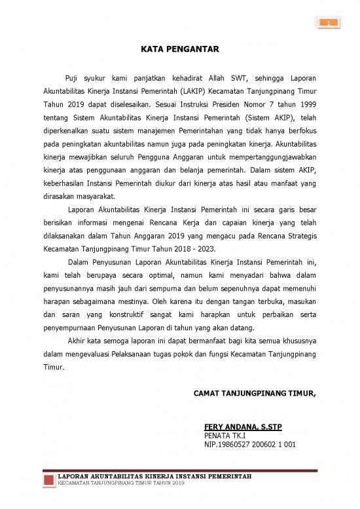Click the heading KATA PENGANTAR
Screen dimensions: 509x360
[x=179, y=48]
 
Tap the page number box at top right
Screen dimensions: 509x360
[x=329, y=24]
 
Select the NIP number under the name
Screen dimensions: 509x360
[x=250, y=444]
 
